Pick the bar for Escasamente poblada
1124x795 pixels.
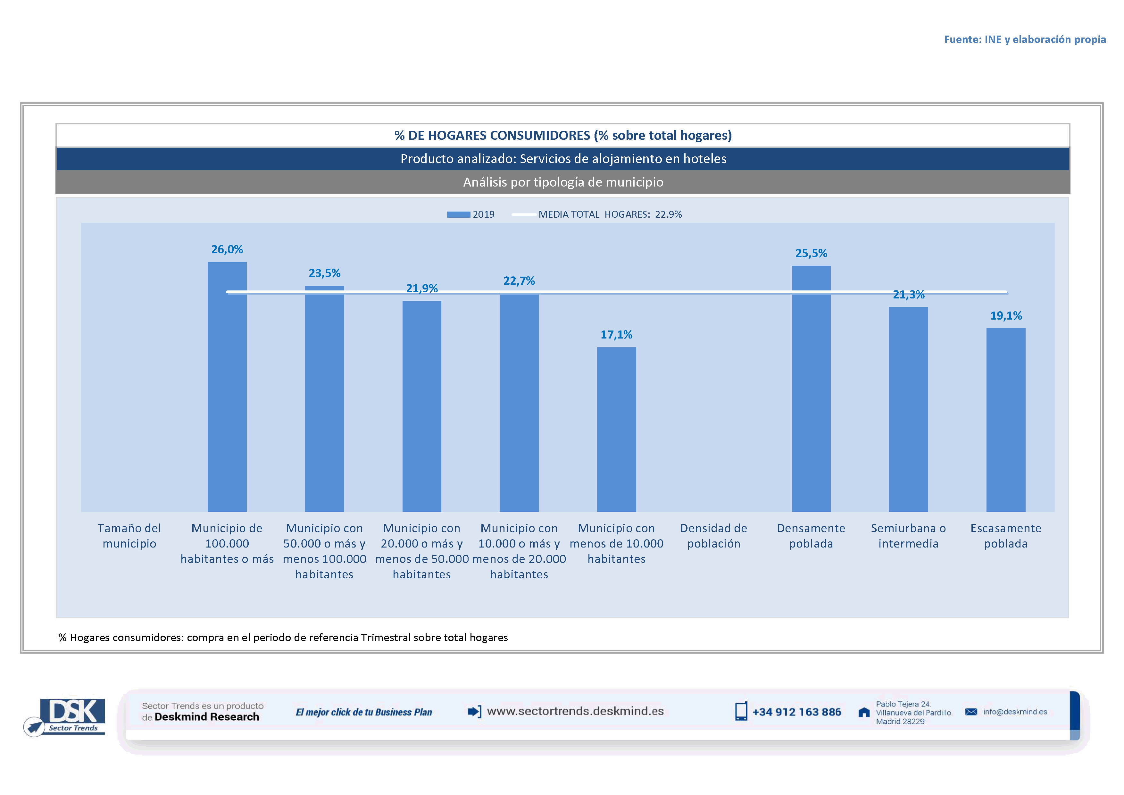pyautogui.click(x=1005, y=420)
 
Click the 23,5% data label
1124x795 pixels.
pyautogui.click(x=324, y=273)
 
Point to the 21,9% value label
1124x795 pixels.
pyautogui.click(x=421, y=288)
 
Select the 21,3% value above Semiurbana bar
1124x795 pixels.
pyautogui.click(x=909, y=295)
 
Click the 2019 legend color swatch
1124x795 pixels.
pyautogui.click(x=458, y=214)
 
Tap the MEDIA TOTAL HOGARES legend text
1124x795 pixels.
pyautogui.click(x=610, y=214)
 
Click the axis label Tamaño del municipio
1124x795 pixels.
pyautogui.click(x=129, y=536)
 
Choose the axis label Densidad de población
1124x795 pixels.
pyautogui.click(x=713, y=536)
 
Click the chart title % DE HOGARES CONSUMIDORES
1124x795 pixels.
pyautogui.click(x=563, y=136)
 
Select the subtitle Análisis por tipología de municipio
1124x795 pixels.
pyautogui.click(x=563, y=182)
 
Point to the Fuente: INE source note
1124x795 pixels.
pyautogui.click(x=1025, y=40)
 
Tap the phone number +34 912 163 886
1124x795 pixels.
pyautogui.click(x=796, y=712)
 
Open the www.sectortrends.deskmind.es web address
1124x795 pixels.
pyautogui.click(x=575, y=711)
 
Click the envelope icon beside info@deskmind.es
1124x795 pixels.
pyautogui.click(x=971, y=712)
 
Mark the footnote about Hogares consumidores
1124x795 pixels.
pyautogui.click(x=283, y=637)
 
